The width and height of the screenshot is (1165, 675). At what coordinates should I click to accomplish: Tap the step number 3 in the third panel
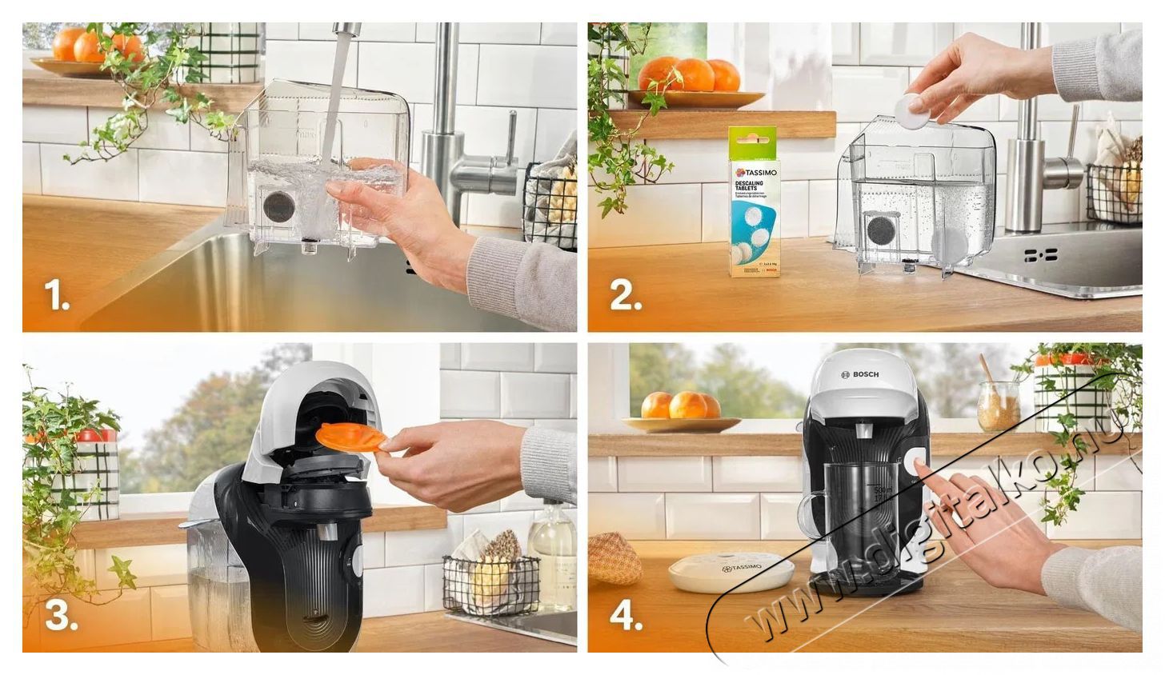61,616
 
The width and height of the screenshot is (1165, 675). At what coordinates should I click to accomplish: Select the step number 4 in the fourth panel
626,616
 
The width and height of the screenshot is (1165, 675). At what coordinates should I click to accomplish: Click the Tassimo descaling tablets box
753,202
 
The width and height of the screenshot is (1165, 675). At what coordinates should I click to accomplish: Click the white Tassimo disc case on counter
731,573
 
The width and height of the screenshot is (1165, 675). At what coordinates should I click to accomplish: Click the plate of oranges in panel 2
693,84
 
